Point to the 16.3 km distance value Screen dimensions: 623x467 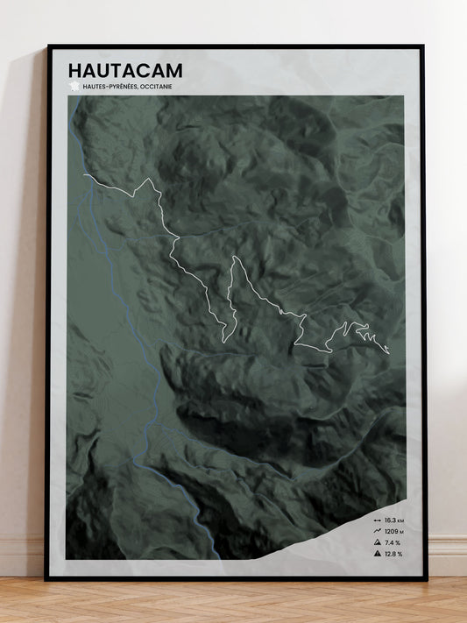click(393, 520)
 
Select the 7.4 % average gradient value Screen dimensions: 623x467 click(392, 542)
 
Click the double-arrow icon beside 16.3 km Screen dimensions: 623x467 click(376, 520)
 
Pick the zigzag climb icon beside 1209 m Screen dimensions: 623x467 click(376, 531)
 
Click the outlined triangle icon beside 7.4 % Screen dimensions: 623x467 click(376, 542)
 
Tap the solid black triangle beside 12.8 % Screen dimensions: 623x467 click(376, 554)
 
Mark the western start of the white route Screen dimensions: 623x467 click(84, 176)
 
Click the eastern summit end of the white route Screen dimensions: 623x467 click(388, 353)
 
